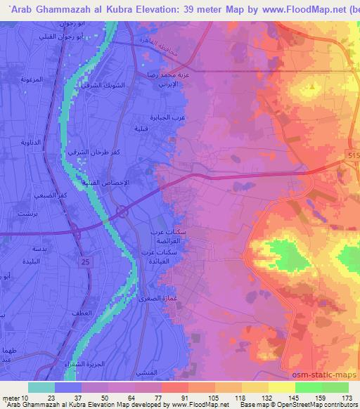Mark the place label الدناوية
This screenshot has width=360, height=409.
[x=22, y=141]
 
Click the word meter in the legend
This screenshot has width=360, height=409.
[x=13, y=397]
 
